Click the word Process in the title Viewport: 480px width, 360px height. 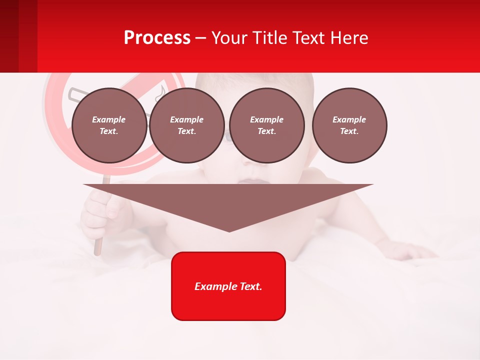pyautogui.click(x=157, y=38)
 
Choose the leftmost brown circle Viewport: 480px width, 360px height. pyautogui.click(x=109, y=125)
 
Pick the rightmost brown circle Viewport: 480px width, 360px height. pyautogui.click(x=349, y=125)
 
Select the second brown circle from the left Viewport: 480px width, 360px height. pyautogui.click(x=187, y=125)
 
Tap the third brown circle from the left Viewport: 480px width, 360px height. pyautogui.click(x=267, y=125)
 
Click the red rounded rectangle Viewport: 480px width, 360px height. pyautogui.click(x=228, y=300)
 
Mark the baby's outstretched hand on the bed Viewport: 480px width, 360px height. pyautogui.click(x=410, y=250)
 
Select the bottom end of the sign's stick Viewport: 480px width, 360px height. pyautogui.click(x=97, y=252)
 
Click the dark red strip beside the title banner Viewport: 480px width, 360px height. pyautogui.click(x=18, y=36)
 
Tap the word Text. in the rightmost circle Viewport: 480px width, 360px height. pyautogui.click(x=349, y=131)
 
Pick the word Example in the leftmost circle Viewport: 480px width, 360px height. pyautogui.click(x=109, y=119)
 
